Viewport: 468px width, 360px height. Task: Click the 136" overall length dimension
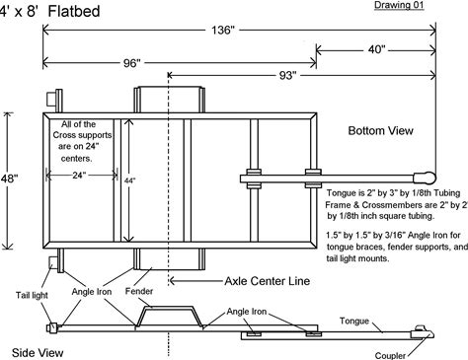click(223, 31)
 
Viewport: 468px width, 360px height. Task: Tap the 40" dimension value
click(376, 50)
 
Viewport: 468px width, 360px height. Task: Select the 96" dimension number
click(132, 63)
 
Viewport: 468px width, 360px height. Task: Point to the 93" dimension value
click(287, 76)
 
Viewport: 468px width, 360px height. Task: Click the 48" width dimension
click(9, 179)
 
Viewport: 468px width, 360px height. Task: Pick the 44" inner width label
click(129, 180)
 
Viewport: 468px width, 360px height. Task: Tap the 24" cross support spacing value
click(79, 176)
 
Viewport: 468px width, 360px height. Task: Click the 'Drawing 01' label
click(399, 5)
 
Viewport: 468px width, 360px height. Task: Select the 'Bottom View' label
click(380, 130)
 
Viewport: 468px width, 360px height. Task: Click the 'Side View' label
click(38, 353)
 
